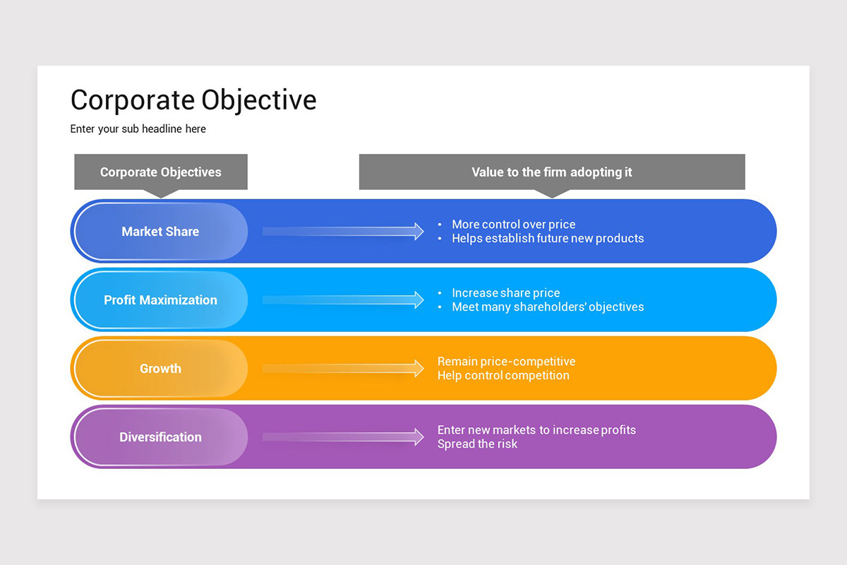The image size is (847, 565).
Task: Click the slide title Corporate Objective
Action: click(x=193, y=100)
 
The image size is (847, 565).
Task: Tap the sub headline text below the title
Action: click(x=138, y=129)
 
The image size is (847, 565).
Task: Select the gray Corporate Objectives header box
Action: click(x=161, y=172)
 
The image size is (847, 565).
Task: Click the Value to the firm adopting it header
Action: click(x=552, y=172)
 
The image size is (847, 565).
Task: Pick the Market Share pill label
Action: click(x=160, y=231)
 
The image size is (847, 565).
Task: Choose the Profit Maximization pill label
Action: click(x=160, y=299)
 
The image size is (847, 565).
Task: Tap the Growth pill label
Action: click(x=160, y=368)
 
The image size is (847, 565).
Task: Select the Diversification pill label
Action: click(x=160, y=436)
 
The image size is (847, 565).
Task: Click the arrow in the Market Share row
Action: click(x=342, y=231)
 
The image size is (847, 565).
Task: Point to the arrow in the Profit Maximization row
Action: click(x=342, y=299)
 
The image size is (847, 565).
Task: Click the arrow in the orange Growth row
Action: click(x=342, y=368)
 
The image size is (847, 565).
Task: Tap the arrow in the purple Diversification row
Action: click(x=342, y=436)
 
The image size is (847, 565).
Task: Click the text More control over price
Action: click(x=513, y=225)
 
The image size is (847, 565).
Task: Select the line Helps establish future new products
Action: click(x=548, y=239)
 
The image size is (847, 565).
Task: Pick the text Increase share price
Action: click(x=505, y=293)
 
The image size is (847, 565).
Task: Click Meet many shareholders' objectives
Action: click(x=548, y=307)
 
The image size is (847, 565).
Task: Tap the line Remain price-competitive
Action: click(x=506, y=362)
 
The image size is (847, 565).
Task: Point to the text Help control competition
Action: click(x=503, y=376)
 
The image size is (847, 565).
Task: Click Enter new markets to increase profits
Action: click(x=536, y=430)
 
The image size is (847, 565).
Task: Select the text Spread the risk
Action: click(x=477, y=444)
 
